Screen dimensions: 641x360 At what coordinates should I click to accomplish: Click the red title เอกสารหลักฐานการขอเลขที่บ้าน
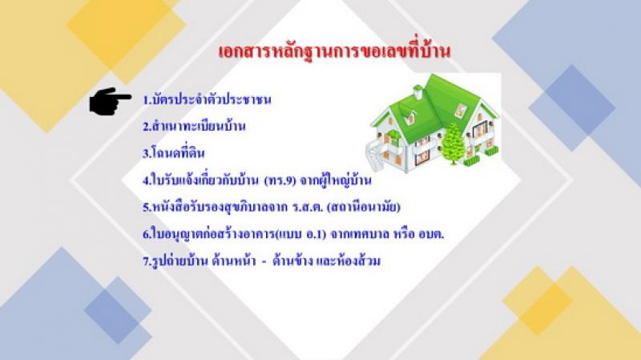(334, 51)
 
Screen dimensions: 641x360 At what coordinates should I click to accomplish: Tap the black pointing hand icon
(110, 99)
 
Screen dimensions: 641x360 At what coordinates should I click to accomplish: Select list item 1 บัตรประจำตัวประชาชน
(207, 99)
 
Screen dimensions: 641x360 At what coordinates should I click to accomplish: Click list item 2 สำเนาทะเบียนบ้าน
(194, 126)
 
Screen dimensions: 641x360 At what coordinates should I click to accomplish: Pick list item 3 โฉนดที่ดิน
(173, 152)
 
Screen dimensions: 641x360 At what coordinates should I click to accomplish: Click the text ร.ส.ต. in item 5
(308, 208)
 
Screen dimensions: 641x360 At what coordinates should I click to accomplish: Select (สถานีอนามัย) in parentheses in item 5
(364, 207)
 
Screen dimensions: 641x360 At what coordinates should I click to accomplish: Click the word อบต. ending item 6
(431, 235)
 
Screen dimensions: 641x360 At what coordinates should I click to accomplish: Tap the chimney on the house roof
(417, 91)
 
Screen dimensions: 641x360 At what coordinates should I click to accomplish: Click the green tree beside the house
(453, 144)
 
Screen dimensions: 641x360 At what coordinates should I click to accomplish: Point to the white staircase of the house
(377, 155)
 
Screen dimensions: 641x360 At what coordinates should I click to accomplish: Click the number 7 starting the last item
(145, 262)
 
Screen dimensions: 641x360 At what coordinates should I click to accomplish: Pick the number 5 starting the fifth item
(145, 208)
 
